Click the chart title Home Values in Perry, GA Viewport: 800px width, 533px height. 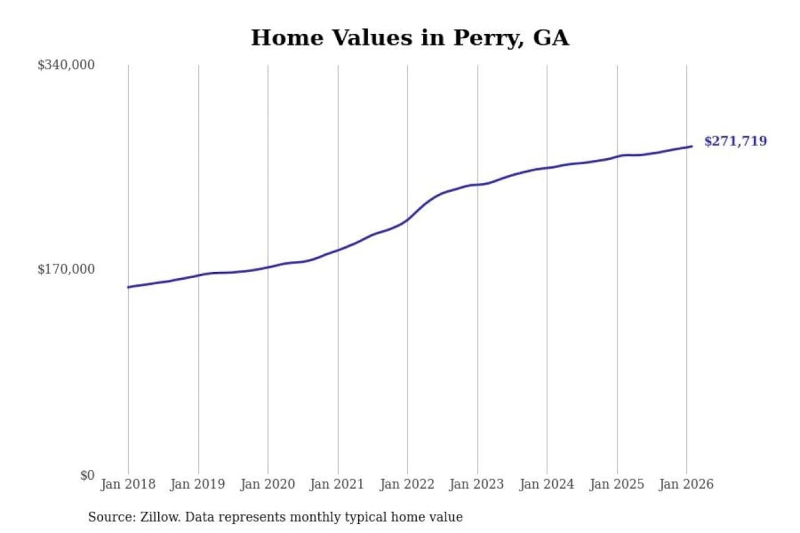[x=410, y=38]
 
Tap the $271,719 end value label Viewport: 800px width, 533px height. [x=735, y=141]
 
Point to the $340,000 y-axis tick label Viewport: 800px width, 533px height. [x=66, y=65]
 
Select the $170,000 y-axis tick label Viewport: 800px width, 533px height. [x=66, y=269]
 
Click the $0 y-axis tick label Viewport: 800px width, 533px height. [x=87, y=475]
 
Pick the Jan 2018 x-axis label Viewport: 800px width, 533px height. [x=128, y=484]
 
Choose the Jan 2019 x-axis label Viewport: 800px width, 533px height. [x=198, y=484]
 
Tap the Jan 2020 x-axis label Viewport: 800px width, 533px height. [x=268, y=484]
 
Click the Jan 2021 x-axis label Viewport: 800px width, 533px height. [x=337, y=484]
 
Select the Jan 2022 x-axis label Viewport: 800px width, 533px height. [x=407, y=484]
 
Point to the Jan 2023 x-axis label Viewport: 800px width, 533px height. [x=477, y=484]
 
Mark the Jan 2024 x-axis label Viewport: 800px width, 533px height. [x=547, y=484]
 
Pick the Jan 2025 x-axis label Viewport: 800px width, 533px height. [x=617, y=484]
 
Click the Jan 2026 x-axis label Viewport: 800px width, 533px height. [x=686, y=484]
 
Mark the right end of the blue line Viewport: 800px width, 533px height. [x=692, y=147]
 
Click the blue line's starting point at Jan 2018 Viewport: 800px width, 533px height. [x=128, y=287]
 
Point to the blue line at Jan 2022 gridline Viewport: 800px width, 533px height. [x=407, y=220]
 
